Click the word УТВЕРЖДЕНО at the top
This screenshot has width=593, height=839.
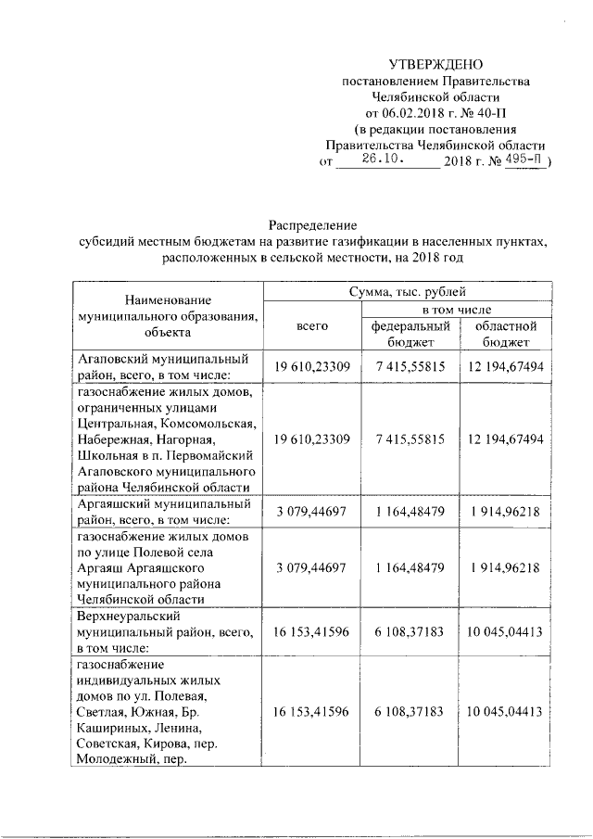pos(435,64)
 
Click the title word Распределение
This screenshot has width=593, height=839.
pos(312,225)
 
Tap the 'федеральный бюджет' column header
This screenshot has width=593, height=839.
pos(410,334)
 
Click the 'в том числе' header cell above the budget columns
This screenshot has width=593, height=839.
pos(458,308)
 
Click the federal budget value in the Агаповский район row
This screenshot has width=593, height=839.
pos(410,367)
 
